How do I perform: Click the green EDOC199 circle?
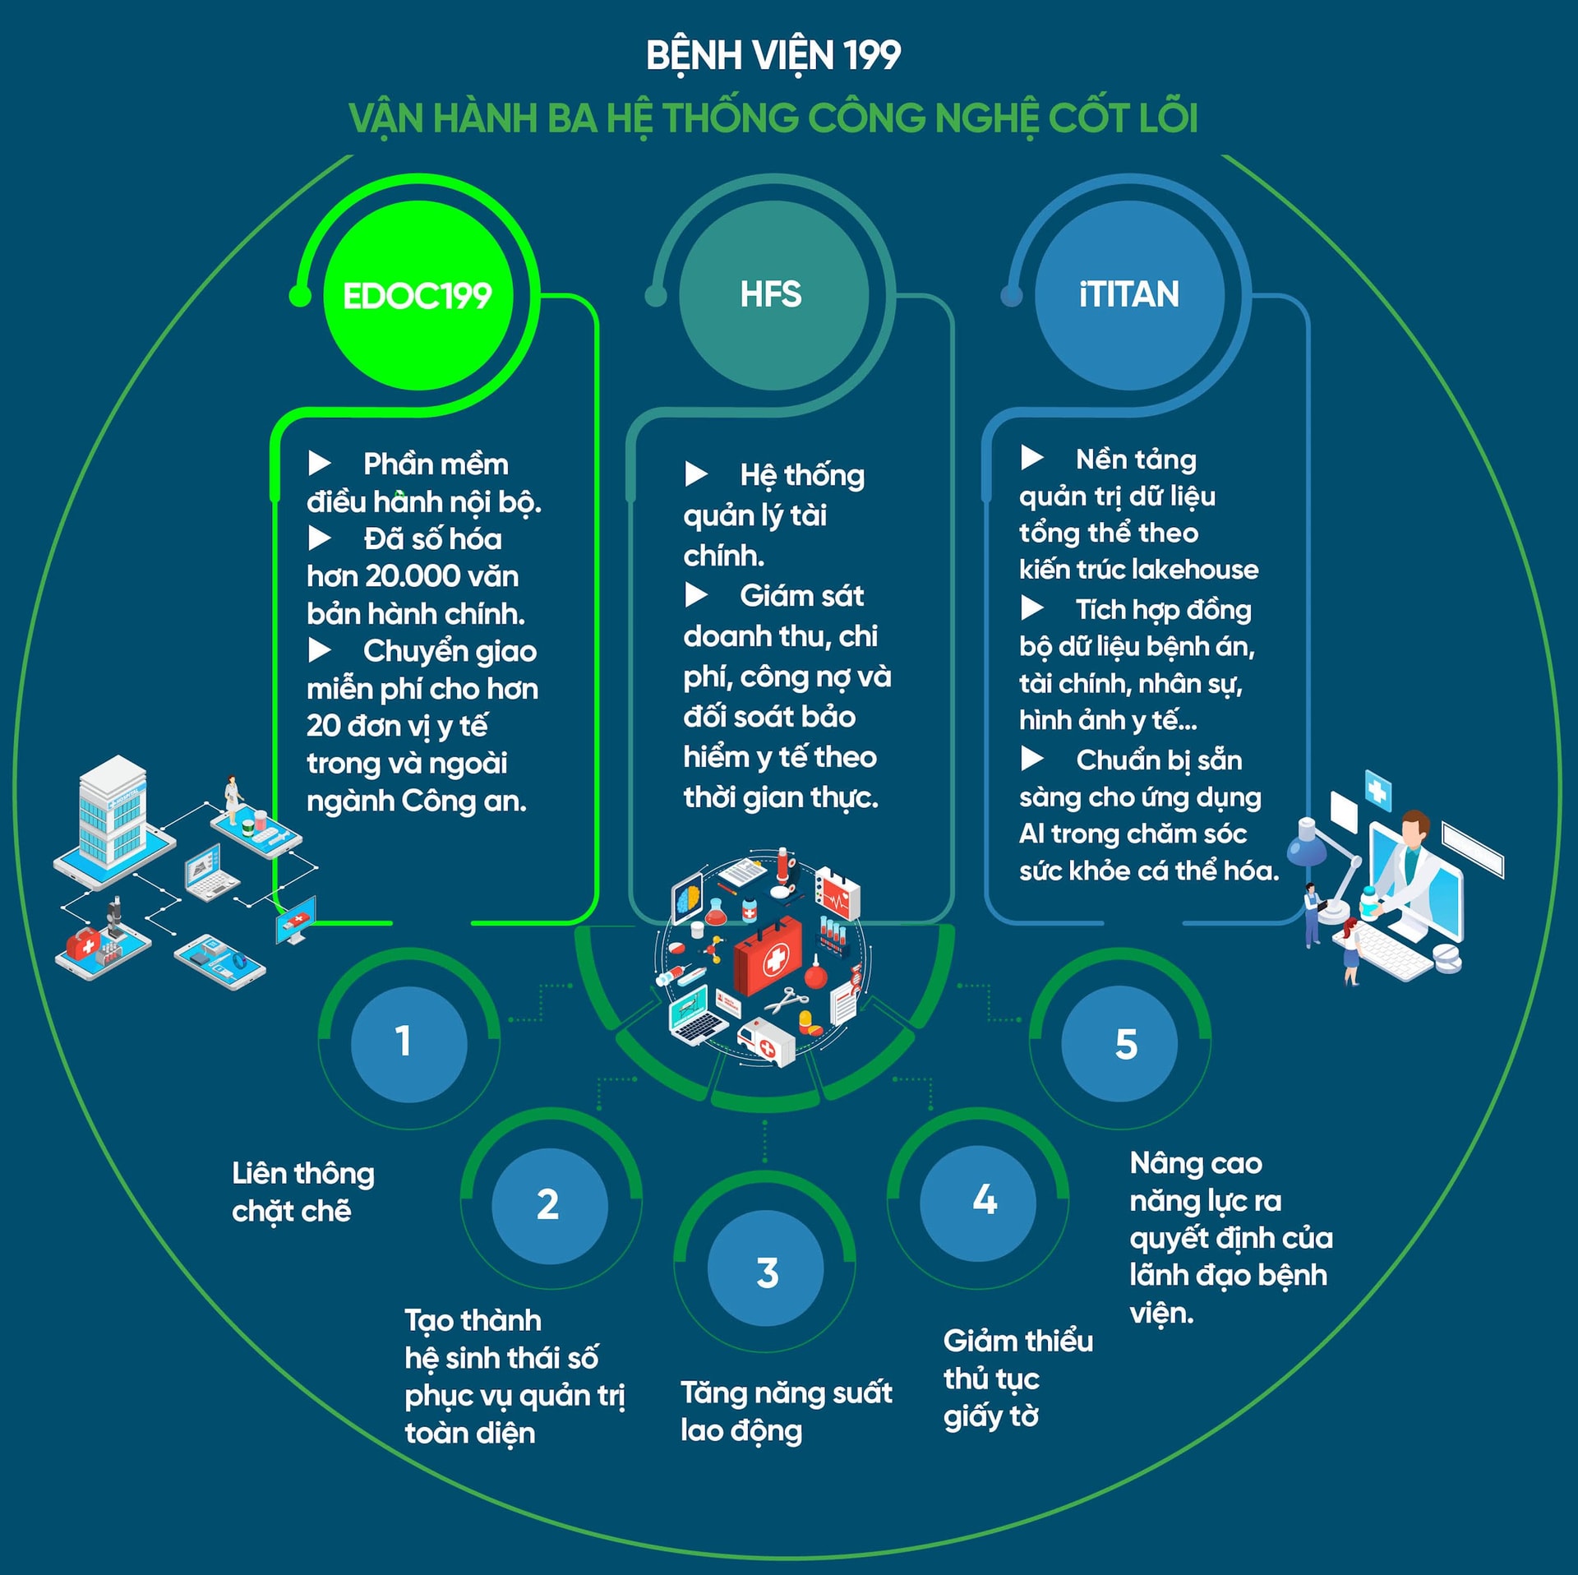[418, 295]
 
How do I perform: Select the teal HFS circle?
[773, 295]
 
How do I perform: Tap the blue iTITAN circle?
[1128, 295]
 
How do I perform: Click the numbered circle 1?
[408, 1043]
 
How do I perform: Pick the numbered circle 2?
[549, 1204]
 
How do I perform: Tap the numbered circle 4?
[978, 1203]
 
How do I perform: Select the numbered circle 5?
[1119, 1043]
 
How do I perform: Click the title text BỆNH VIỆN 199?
[773, 56]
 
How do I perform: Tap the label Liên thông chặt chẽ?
[302, 1191]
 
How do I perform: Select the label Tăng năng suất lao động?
[786, 1411]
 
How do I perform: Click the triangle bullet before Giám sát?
[696, 594]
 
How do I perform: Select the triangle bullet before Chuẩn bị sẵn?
[1031, 758]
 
